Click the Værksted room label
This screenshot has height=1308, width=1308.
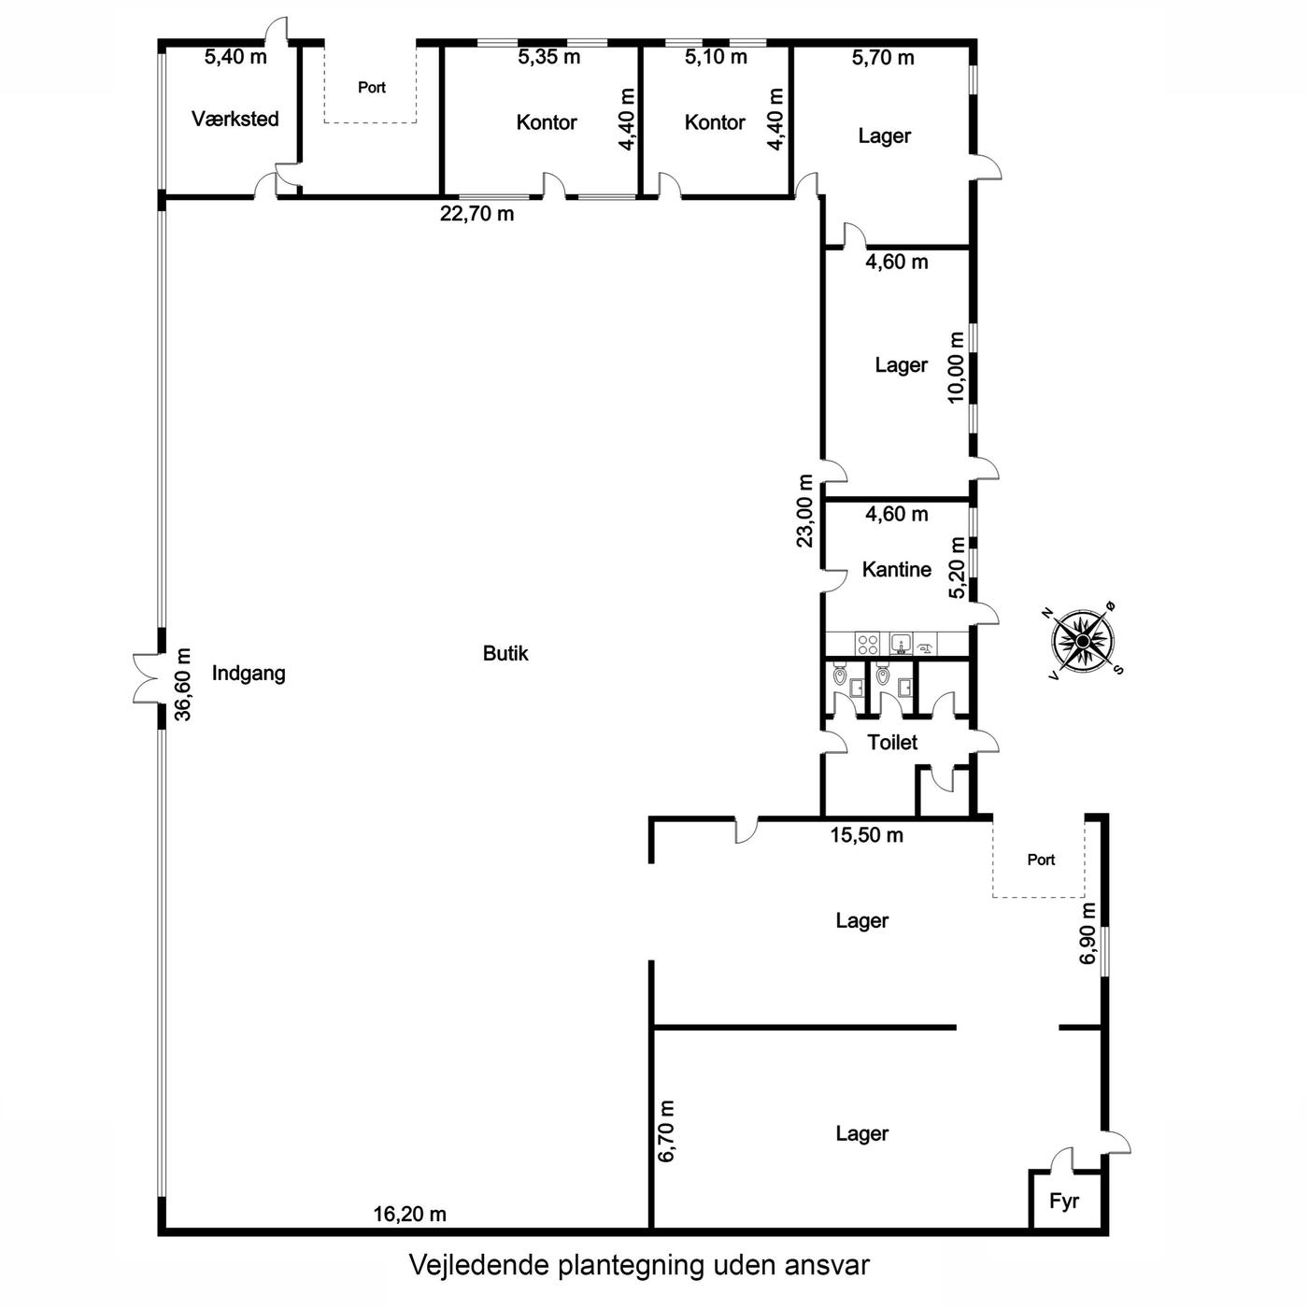235,119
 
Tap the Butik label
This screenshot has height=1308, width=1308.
505,653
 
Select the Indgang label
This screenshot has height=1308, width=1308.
249,674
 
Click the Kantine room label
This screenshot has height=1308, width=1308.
896,569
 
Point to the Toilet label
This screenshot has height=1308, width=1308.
892,742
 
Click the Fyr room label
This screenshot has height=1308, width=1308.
1063,1201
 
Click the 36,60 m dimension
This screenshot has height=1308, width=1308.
183,684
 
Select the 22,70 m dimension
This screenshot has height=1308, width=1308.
476,214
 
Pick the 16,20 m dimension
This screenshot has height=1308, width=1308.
409,1214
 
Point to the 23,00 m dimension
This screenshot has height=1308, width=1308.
804,511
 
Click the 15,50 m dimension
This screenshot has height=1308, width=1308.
867,835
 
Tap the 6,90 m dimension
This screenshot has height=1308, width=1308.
1088,933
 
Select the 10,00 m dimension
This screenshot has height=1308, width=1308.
956,367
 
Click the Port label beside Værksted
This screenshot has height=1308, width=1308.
371,88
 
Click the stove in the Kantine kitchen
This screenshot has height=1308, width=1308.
867,644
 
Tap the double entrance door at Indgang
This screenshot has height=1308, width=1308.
148,678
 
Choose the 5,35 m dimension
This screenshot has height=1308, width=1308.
548,57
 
